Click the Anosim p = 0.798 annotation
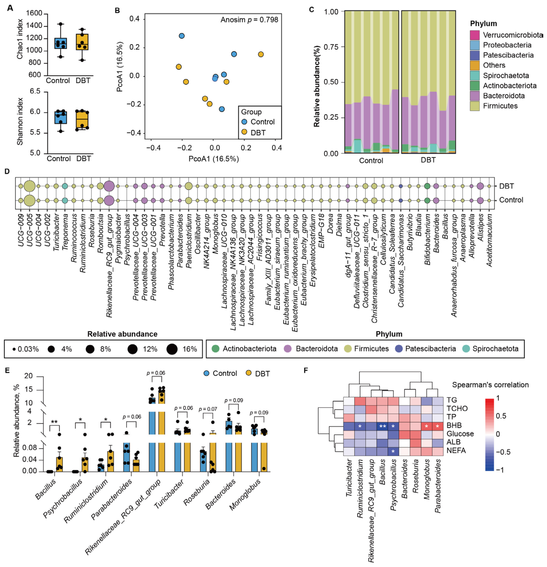(x=249, y=20)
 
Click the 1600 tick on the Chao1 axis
(x=34, y=13)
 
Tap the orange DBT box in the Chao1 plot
(x=82, y=42)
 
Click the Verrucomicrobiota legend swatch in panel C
(x=474, y=35)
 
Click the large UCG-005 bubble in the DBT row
(x=29, y=186)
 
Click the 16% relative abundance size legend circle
(x=172, y=349)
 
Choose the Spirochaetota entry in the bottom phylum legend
(x=495, y=349)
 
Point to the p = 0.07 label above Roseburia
(x=208, y=409)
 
